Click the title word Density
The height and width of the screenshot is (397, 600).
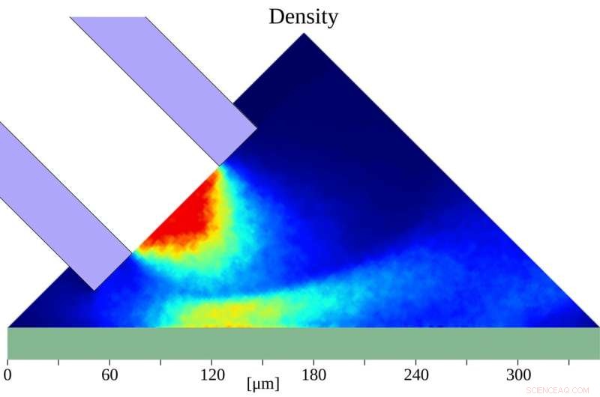(303, 16)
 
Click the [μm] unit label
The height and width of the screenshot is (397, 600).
(262, 384)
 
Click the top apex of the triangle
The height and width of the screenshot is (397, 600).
(304, 34)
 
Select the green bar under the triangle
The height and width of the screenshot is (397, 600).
(300, 343)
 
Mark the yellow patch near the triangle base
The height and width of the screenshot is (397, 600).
(225, 311)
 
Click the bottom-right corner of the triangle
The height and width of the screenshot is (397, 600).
(598, 327)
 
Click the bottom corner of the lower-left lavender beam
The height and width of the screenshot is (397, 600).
(94, 290)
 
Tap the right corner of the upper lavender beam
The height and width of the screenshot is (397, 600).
(257, 128)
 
